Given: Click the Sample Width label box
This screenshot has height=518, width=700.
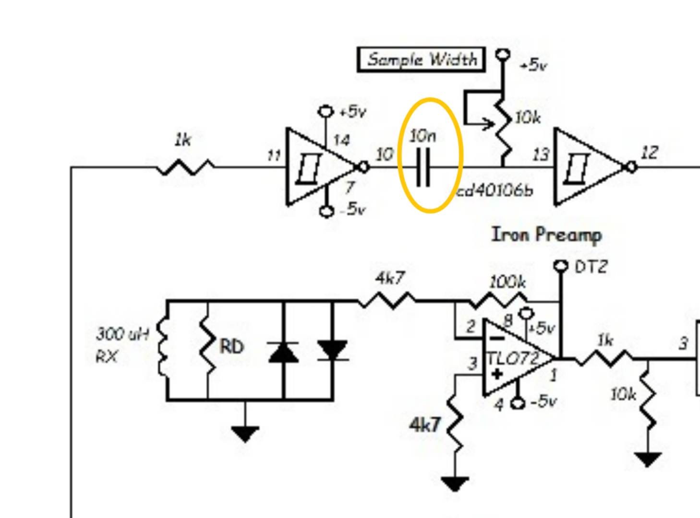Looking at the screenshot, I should tap(421, 59).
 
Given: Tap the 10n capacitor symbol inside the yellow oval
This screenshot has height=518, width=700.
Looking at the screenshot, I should tap(423, 168).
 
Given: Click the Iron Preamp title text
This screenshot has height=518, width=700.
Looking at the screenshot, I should tap(546, 235).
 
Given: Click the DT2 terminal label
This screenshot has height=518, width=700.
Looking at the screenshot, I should tap(591, 267).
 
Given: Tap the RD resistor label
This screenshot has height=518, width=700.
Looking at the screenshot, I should tap(231, 346).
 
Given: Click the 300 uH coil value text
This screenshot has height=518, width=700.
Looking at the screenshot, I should tap(123, 333).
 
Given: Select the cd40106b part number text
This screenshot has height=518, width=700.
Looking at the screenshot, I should tap(495, 191).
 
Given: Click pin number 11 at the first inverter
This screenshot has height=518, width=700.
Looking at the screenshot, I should tap(274, 155).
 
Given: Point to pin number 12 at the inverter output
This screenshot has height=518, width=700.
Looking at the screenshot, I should tap(650, 153).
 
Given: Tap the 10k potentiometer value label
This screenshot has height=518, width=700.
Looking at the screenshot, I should tap(528, 118).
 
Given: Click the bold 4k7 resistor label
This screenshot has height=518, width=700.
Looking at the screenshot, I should tap(424, 424).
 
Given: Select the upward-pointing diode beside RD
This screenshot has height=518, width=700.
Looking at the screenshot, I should tap(283, 353).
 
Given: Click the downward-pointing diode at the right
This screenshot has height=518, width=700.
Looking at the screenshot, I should tap(333, 350).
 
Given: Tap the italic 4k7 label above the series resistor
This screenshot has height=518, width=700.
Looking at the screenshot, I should tap(390, 278).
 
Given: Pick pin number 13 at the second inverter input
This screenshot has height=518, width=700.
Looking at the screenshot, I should tap(541, 154).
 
